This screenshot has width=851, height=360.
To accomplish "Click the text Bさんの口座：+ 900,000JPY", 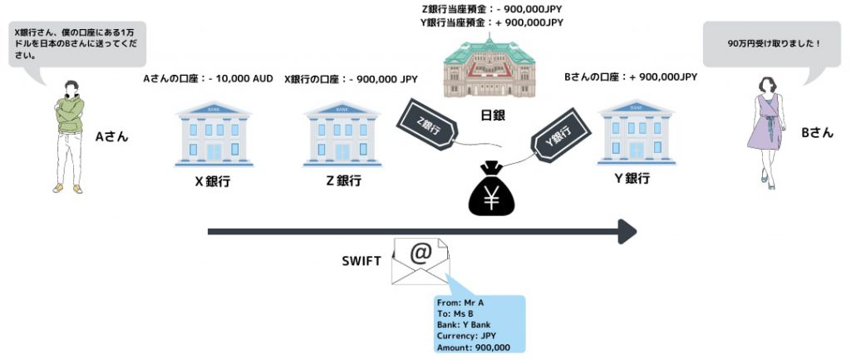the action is (x=631, y=76).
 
